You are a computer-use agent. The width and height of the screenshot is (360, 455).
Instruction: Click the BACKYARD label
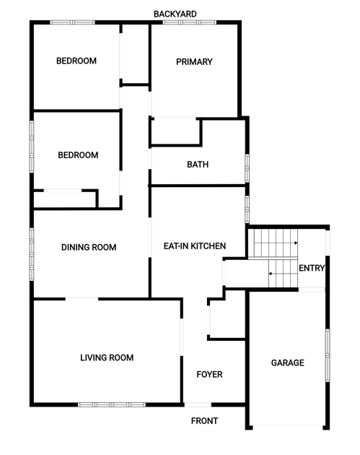pos(175,14)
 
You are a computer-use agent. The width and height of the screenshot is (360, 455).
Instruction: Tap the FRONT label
pos(204,421)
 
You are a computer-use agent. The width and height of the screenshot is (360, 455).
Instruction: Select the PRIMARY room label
pos(194,61)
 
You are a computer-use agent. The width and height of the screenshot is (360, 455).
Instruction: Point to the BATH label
pos(198,165)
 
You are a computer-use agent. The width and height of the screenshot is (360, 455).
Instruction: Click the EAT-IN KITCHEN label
pos(195,246)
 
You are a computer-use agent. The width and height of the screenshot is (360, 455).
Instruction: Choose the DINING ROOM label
pos(89,247)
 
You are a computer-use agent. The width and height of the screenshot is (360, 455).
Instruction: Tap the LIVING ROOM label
pos(107,357)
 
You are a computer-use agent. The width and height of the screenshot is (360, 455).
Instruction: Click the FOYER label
pos(209,374)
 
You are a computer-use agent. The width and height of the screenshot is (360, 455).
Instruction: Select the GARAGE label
pos(288,363)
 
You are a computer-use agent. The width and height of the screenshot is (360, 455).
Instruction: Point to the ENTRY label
pos(312,268)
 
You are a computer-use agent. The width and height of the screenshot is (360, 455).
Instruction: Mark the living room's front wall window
pos(112,404)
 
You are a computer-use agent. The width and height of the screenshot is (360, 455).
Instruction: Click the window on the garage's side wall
pos(328,355)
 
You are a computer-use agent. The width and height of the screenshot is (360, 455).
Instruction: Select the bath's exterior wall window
pos(247,168)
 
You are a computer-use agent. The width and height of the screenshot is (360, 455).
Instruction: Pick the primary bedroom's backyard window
pos(190,22)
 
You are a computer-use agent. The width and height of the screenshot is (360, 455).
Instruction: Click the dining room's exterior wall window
pos(32,254)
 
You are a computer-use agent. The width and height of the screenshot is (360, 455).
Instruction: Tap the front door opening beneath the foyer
pos(198,404)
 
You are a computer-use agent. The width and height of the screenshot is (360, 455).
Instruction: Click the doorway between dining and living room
pos(82,298)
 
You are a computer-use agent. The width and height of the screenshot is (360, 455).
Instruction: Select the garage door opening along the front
pos(288,427)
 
